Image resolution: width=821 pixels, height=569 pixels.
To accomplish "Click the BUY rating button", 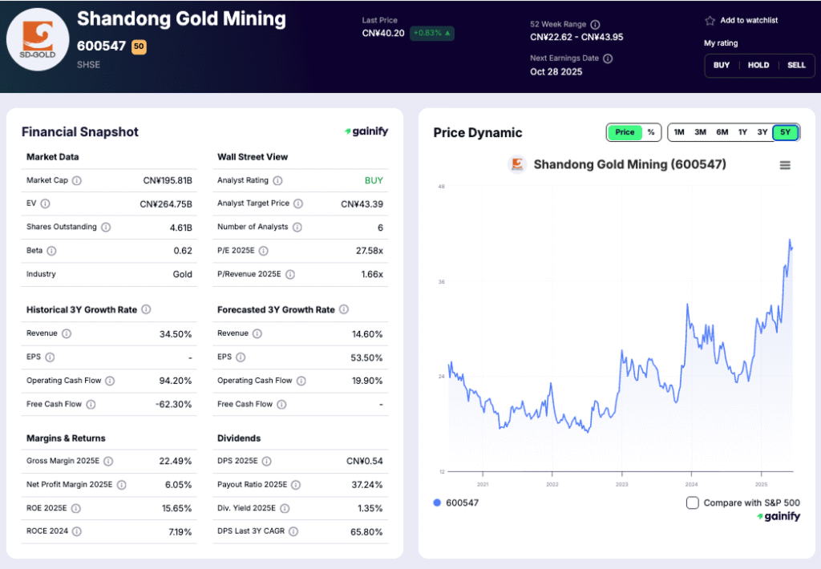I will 722,65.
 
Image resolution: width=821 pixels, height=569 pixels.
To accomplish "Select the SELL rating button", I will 796,65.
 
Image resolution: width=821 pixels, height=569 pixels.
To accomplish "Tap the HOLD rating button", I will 758,65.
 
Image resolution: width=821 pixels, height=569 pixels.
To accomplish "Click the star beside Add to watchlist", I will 710,21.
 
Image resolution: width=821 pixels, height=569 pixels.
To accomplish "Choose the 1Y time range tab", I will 742,132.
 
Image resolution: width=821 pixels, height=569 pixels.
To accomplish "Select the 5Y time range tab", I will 785,132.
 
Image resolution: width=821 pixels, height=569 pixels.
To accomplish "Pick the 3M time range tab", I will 700,132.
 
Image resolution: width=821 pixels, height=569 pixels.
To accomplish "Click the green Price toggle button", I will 625,132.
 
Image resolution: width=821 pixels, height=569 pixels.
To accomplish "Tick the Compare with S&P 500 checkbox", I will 693,502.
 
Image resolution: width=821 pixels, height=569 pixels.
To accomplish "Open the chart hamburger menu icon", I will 785,165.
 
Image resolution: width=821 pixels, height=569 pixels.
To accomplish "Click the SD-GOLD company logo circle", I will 38,40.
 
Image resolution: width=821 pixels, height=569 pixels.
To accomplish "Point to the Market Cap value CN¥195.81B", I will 166,180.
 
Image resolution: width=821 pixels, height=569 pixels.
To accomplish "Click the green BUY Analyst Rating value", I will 374,180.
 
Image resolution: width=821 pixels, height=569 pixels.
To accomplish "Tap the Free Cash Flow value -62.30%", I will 173,404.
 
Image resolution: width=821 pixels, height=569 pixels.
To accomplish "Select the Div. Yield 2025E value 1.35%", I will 368,508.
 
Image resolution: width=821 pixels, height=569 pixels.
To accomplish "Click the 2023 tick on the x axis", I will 622,484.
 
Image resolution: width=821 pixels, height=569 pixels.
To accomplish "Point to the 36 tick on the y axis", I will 441,282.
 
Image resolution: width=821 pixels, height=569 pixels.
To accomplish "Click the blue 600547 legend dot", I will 437,502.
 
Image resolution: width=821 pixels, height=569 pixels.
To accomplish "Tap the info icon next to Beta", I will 51,251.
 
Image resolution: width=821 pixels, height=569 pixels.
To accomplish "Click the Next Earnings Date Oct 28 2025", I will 556,71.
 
